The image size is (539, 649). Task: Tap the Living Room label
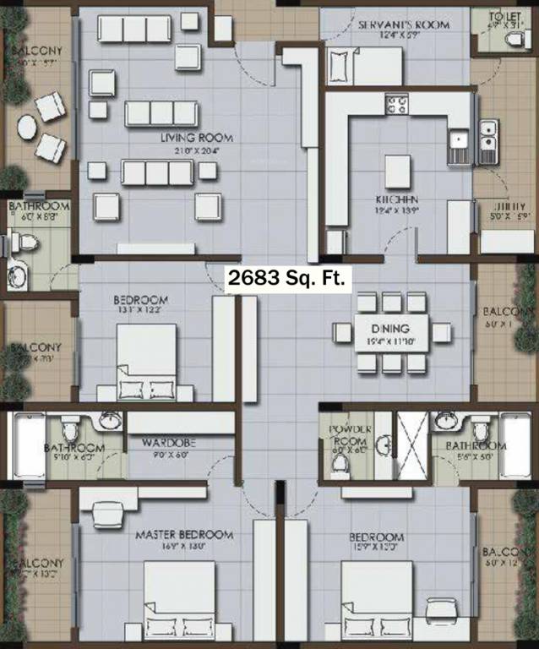point(198,138)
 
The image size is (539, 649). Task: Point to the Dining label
point(389,328)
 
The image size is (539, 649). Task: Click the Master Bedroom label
point(184,535)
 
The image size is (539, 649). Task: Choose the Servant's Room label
point(403,25)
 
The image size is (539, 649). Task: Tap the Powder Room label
point(349,434)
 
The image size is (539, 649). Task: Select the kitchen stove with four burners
point(398,105)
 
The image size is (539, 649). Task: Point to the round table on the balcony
point(28,128)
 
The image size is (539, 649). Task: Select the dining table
point(389,332)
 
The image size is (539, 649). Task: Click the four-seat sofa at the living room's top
point(134,29)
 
